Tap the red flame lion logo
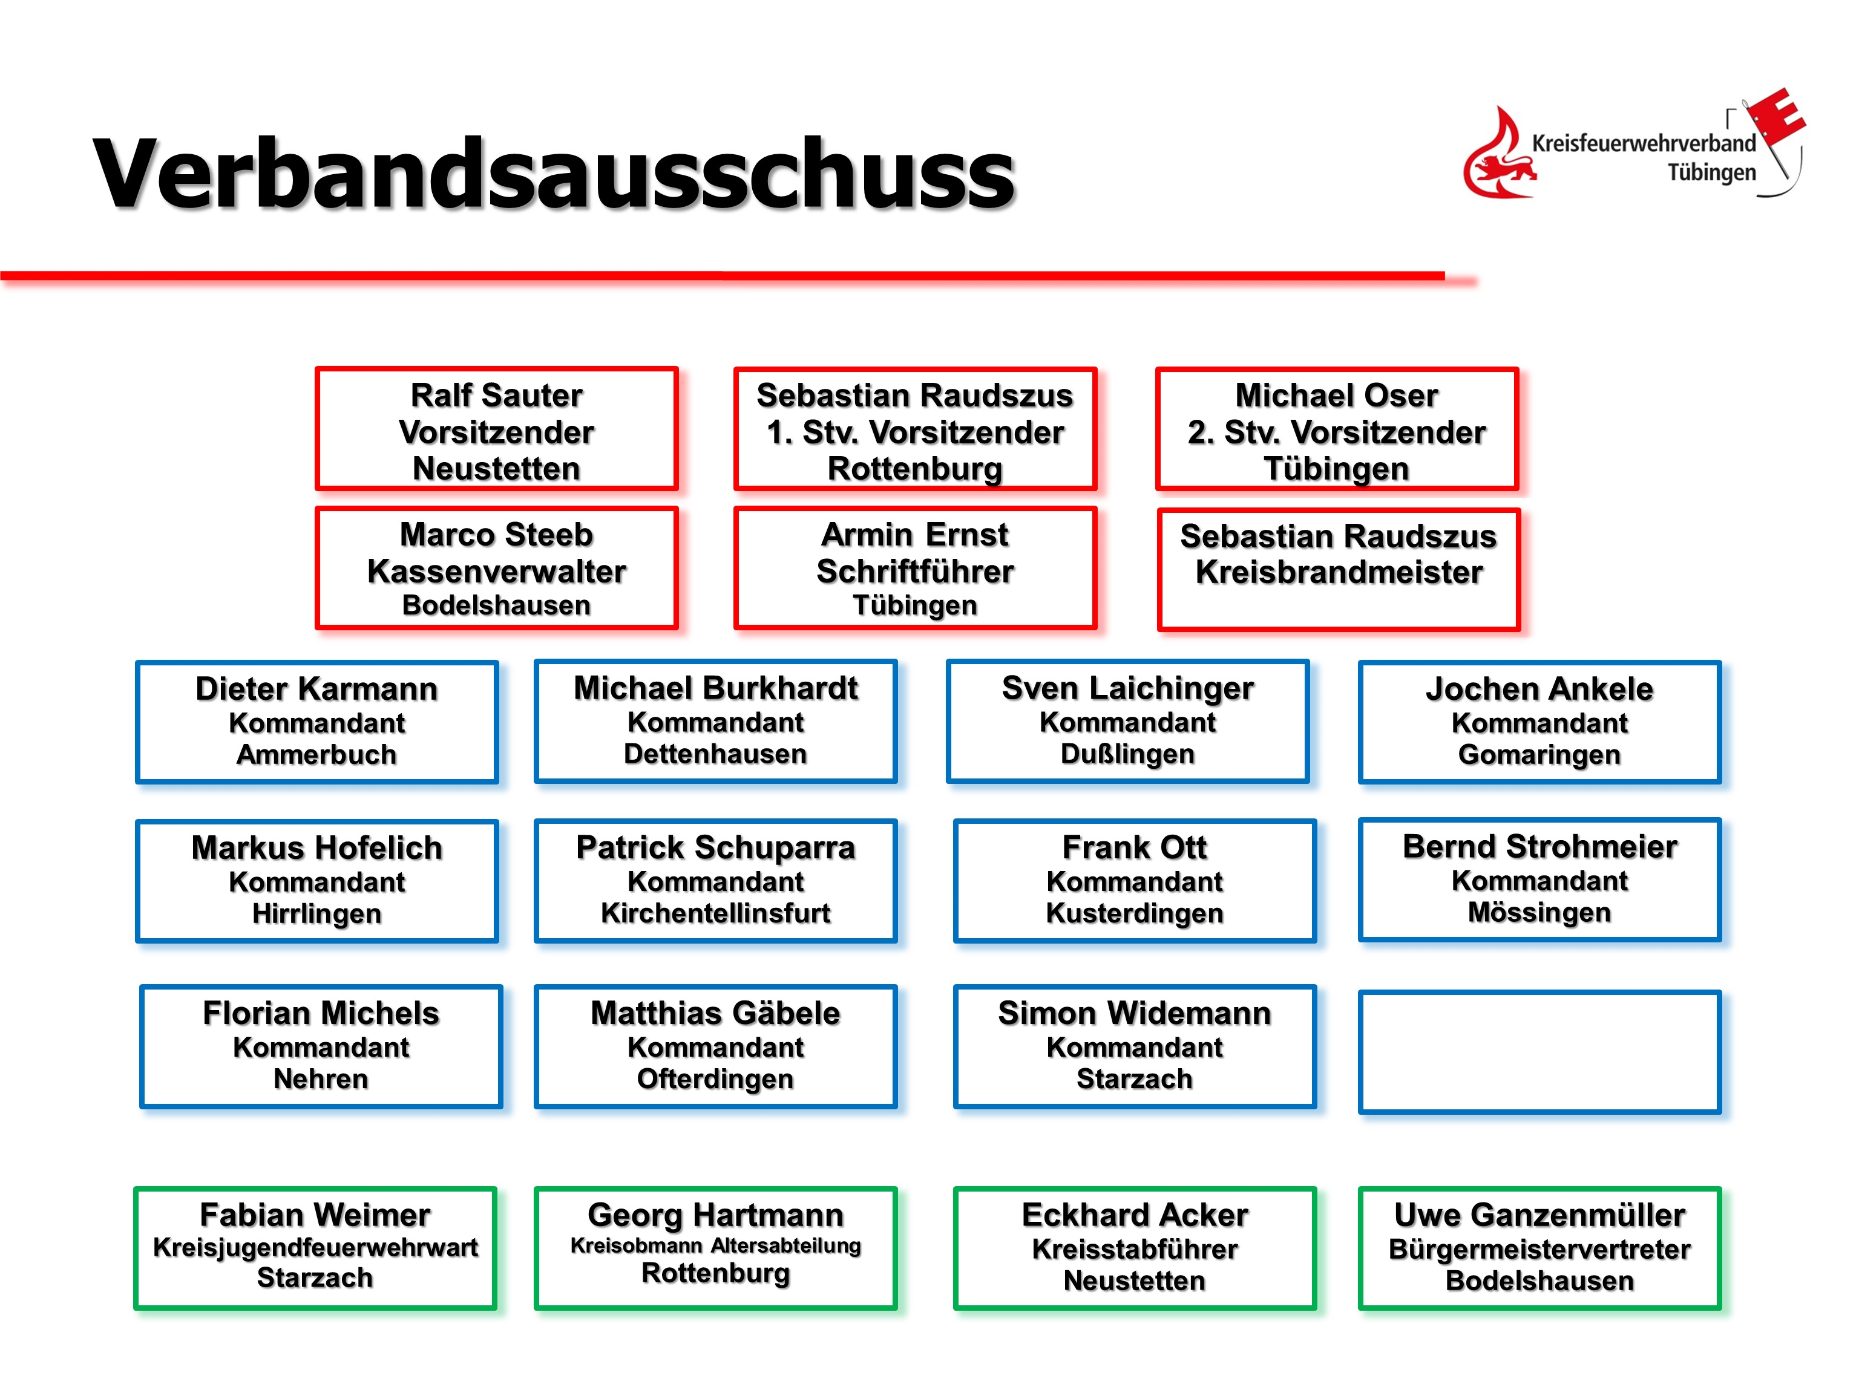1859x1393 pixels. pyautogui.click(x=1498, y=155)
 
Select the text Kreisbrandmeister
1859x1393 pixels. pyautogui.click(x=1338, y=572)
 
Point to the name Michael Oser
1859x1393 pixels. pyautogui.click(x=1336, y=395)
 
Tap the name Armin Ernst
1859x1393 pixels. pyautogui.click(x=914, y=534)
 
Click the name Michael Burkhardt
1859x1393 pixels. pyautogui.click(x=715, y=688)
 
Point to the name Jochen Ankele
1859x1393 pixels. pyautogui.click(x=1539, y=689)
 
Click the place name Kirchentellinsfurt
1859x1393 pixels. pyautogui.click(x=715, y=913)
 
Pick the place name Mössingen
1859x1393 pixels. pyautogui.click(x=1539, y=912)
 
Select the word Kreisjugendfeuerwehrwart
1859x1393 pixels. pyautogui.click(x=315, y=1248)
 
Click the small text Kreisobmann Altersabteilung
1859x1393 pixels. pyautogui.click(x=715, y=1245)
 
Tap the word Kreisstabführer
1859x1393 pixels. pyautogui.click(x=1135, y=1249)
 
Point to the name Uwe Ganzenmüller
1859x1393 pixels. pyautogui.click(x=1539, y=1215)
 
